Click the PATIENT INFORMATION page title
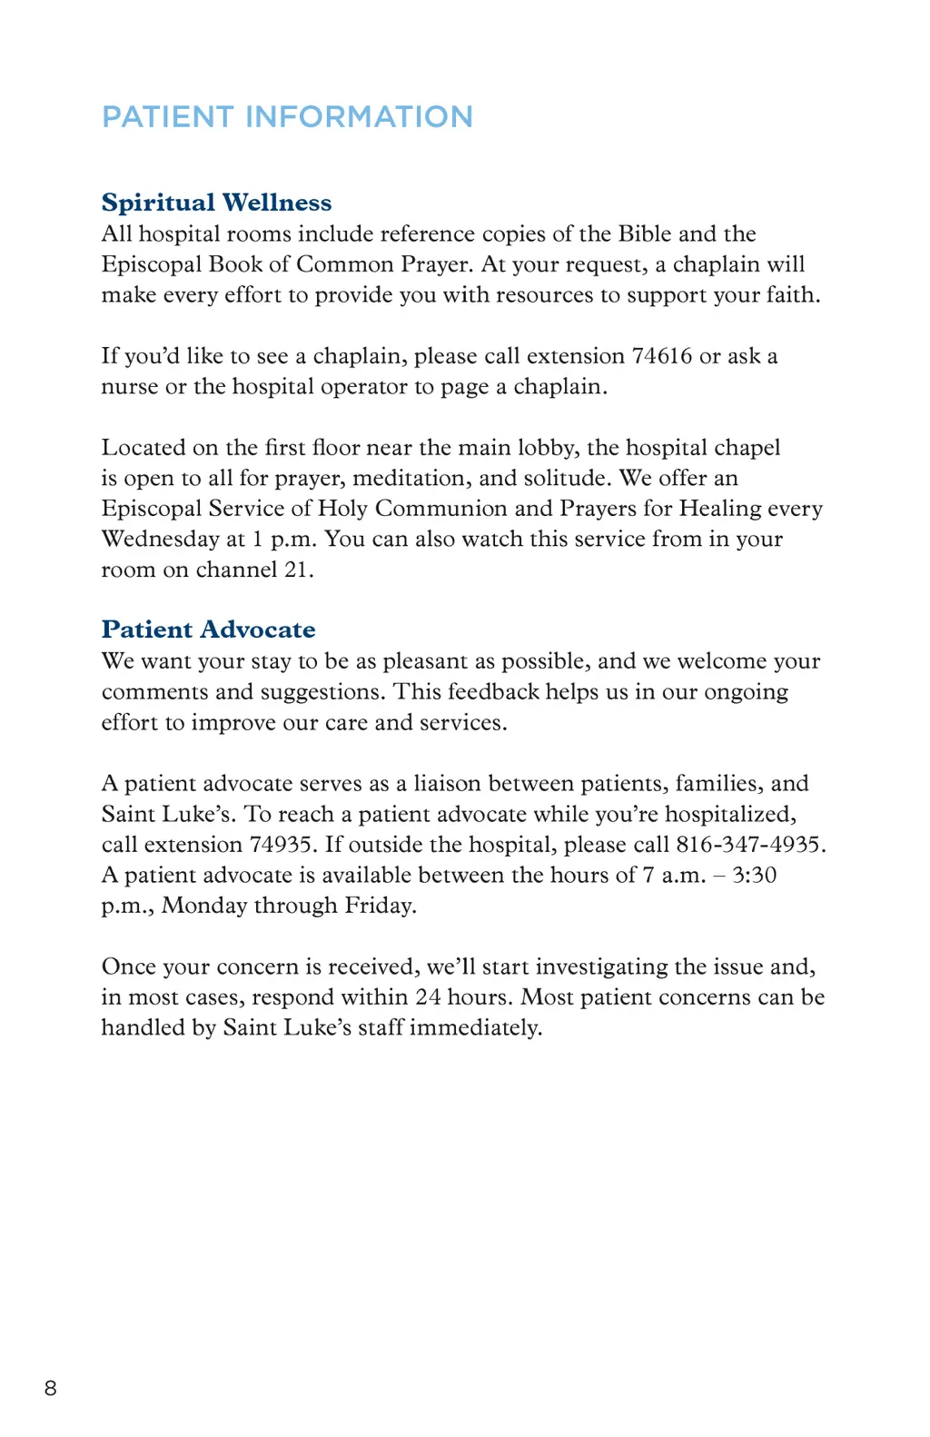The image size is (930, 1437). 287,117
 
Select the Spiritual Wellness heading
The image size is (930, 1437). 216,203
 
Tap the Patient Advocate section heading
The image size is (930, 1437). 208,629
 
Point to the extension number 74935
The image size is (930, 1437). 282,845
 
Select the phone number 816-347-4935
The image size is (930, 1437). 748,845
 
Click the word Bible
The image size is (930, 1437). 645,234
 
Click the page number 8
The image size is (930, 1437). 50,1388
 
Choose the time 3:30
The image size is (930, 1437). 754,876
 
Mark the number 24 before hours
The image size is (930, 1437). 428,997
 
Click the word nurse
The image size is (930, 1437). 130,387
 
